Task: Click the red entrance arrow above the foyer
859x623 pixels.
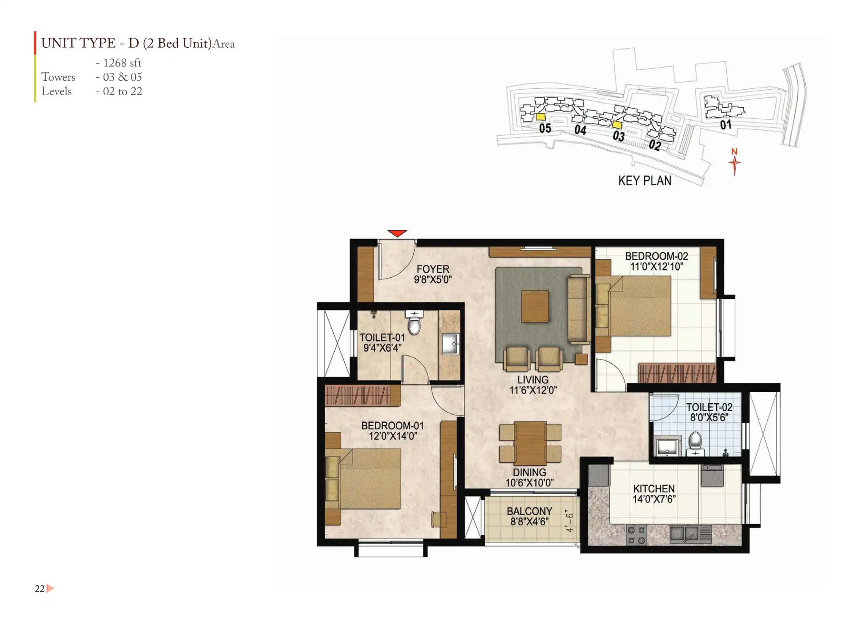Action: click(x=397, y=233)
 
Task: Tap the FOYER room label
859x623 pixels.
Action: click(x=433, y=269)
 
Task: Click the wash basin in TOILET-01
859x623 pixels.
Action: click(x=450, y=344)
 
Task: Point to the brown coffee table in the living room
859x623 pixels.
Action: click(x=535, y=306)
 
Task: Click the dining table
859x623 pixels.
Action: click(x=530, y=443)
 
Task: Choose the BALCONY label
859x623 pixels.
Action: click(x=529, y=511)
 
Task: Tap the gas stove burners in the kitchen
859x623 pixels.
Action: click(x=636, y=535)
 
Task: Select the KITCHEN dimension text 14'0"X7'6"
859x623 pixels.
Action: click(x=654, y=499)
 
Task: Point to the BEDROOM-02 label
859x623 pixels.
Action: click(x=656, y=256)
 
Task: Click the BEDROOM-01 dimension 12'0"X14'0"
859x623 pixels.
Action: click(x=393, y=436)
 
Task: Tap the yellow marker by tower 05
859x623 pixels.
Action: click(x=540, y=117)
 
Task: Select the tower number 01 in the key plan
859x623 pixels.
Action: click(x=725, y=125)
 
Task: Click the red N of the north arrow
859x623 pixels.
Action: click(x=734, y=152)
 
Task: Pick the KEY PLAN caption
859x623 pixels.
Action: click(x=645, y=180)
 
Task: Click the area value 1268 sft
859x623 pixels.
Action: click(x=122, y=63)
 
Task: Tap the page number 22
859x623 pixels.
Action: click(x=39, y=588)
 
